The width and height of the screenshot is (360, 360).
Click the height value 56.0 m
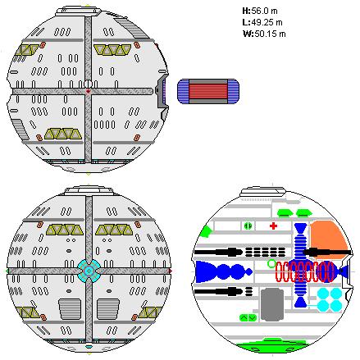(264, 11)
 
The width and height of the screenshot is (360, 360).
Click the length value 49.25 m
(267, 22)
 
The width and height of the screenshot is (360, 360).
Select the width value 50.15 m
(270, 34)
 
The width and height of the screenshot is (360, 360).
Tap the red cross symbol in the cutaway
(273, 226)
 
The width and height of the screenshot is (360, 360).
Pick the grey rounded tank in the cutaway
(272, 304)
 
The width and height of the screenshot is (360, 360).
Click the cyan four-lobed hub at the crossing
(89, 271)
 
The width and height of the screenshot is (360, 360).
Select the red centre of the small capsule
(208, 91)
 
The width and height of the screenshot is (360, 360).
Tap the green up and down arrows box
(248, 317)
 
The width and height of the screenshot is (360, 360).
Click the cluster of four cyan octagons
(330, 299)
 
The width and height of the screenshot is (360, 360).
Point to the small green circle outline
(271, 263)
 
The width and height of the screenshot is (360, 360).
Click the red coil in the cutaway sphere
(304, 271)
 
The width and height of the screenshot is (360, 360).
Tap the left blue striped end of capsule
(183, 91)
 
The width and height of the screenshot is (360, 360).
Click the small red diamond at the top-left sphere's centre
(88, 91)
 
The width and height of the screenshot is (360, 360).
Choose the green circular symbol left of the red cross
(248, 226)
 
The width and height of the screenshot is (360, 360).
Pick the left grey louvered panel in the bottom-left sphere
(70, 309)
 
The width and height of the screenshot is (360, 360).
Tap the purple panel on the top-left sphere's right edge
(165, 90)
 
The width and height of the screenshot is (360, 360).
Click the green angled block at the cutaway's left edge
(207, 232)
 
